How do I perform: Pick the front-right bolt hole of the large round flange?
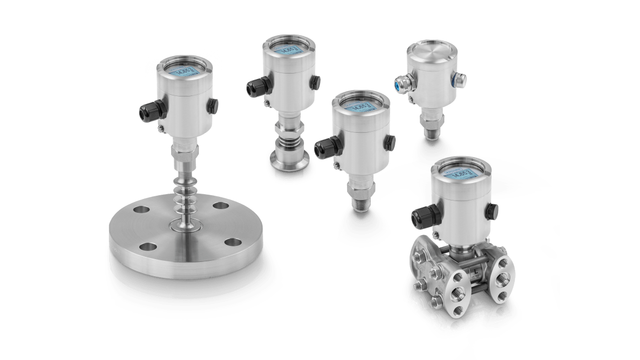[232, 242]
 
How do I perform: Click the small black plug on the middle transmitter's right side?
[390, 141]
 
